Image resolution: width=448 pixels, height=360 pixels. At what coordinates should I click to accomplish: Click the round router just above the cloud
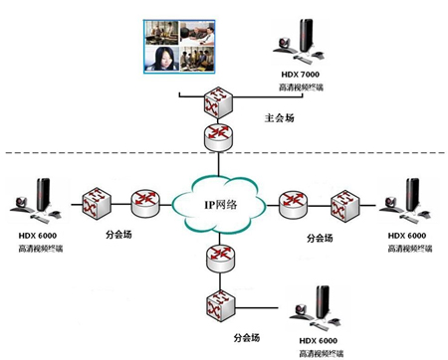click(x=216, y=137)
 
